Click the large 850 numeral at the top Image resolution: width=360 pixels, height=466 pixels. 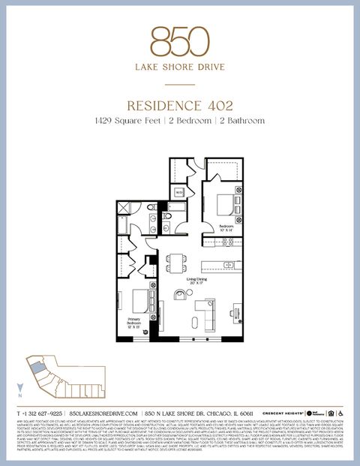pos(179,41)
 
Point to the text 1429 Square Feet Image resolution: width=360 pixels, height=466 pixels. pos(127,120)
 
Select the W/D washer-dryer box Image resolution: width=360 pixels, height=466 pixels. pos(179,193)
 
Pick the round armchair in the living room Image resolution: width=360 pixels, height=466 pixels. pos(180,295)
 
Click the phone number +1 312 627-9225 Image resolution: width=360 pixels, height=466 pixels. pos(40,413)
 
